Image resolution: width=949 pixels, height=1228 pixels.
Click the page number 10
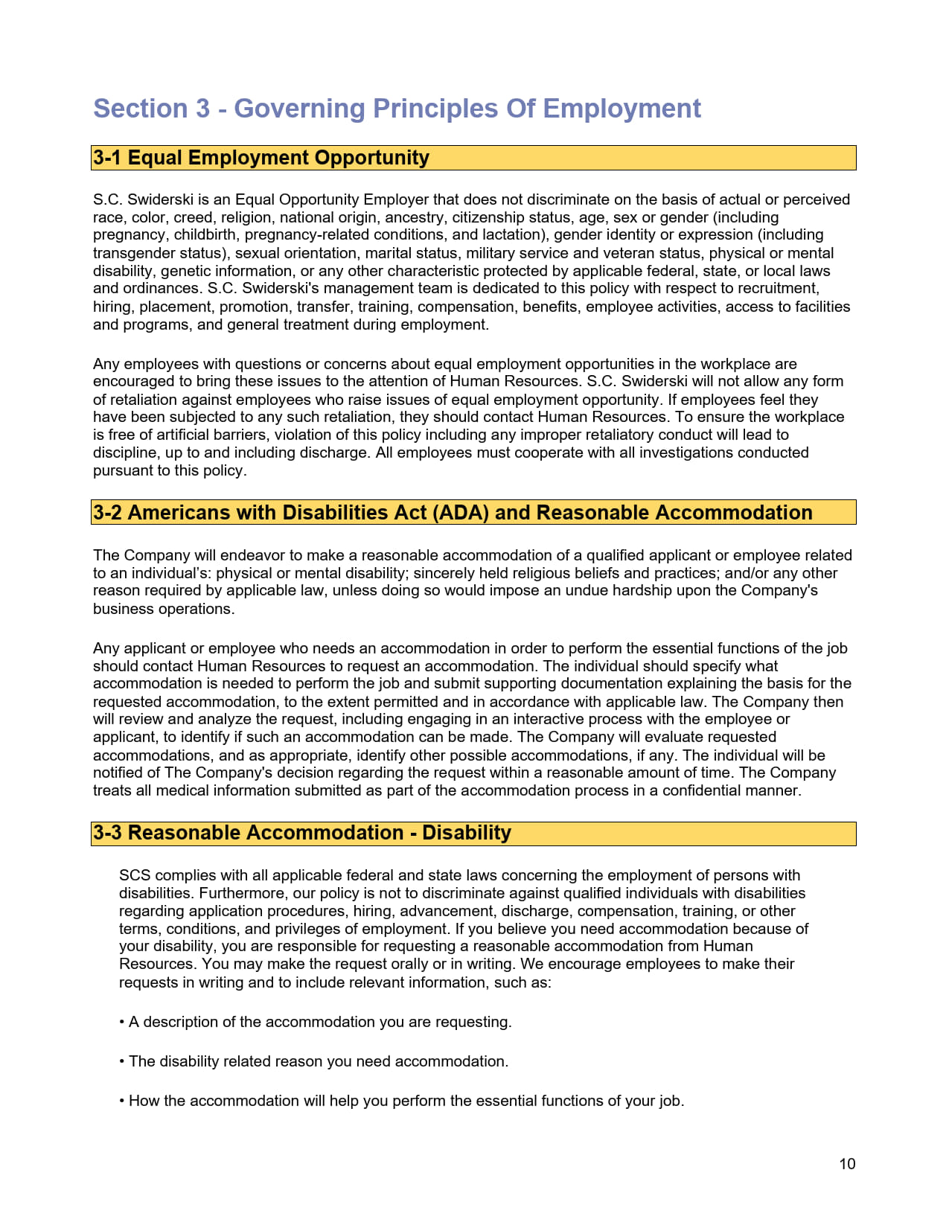pos(847,1164)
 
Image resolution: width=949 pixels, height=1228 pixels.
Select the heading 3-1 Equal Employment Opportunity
pos(261,158)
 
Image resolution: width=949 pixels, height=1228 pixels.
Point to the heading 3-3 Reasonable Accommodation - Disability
pos(302,833)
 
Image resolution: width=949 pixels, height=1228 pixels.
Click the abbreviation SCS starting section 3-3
pos(135,875)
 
